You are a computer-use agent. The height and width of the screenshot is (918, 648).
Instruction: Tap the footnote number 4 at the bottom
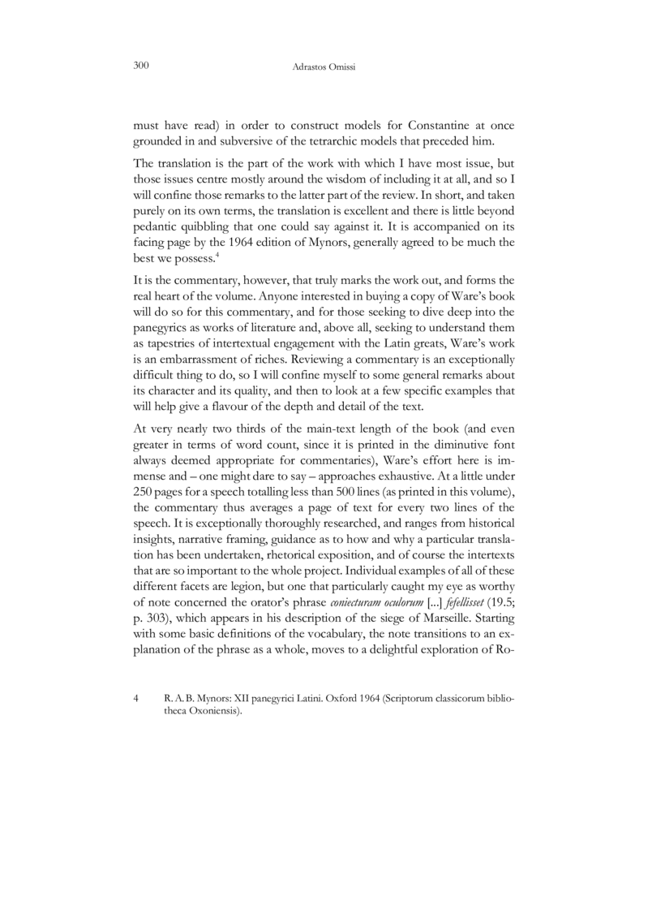click(x=135, y=697)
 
